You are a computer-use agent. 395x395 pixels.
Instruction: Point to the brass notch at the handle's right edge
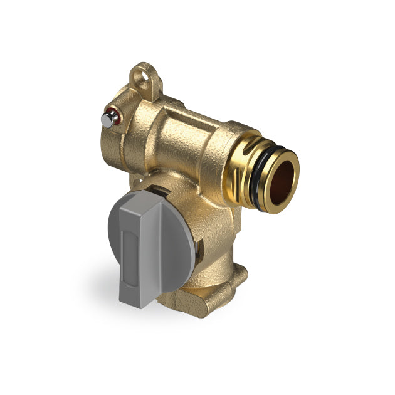pyautogui.click(x=199, y=251)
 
